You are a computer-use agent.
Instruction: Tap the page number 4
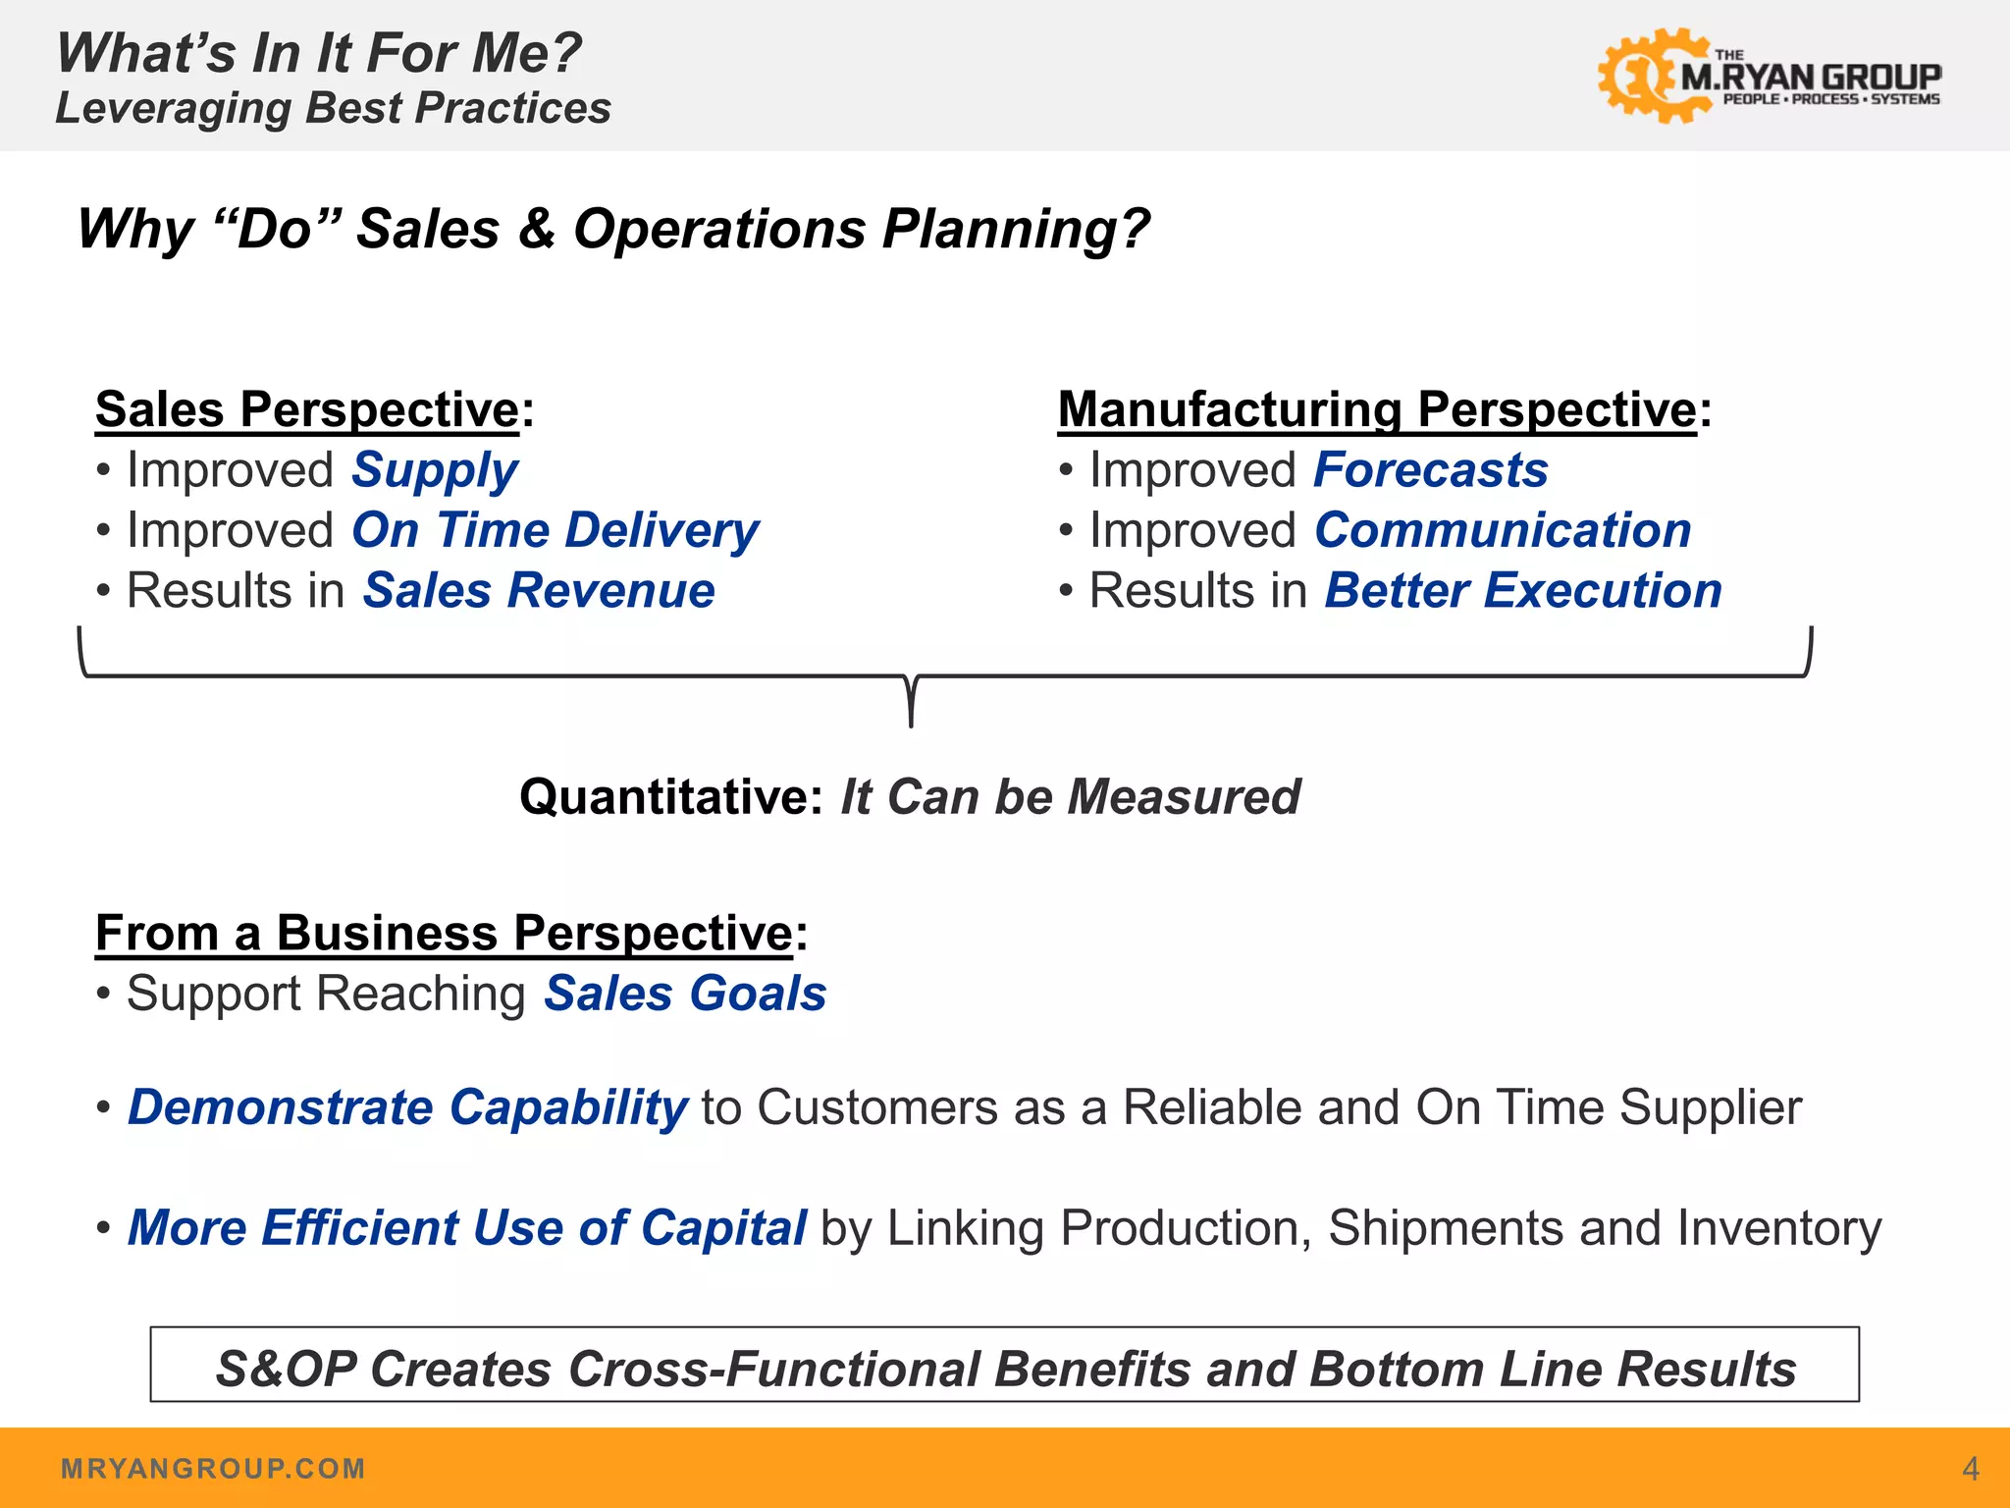pos(1970,1469)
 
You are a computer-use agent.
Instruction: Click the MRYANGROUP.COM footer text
pos(213,1469)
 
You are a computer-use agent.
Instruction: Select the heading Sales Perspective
pos(307,409)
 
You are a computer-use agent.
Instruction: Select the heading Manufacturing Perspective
pos(1377,409)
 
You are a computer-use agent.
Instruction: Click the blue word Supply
pos(435,470)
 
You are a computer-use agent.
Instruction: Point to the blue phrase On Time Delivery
pos(555,531)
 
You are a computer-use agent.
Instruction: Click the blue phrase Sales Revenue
pos(539,591)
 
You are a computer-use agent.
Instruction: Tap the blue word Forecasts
pos(1431,470)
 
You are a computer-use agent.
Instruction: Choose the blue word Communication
pos(1503,531)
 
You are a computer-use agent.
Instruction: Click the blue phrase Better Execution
pos(1523,591)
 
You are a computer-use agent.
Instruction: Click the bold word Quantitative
pos(670,796)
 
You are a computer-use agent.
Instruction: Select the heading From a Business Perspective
pos(444,933)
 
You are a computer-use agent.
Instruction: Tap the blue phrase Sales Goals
pos(685,994)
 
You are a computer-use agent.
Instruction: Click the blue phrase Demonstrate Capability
pos(407,1107)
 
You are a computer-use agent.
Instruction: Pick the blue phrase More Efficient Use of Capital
pos(467,1228)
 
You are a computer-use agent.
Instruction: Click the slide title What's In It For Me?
pos(319,53)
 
